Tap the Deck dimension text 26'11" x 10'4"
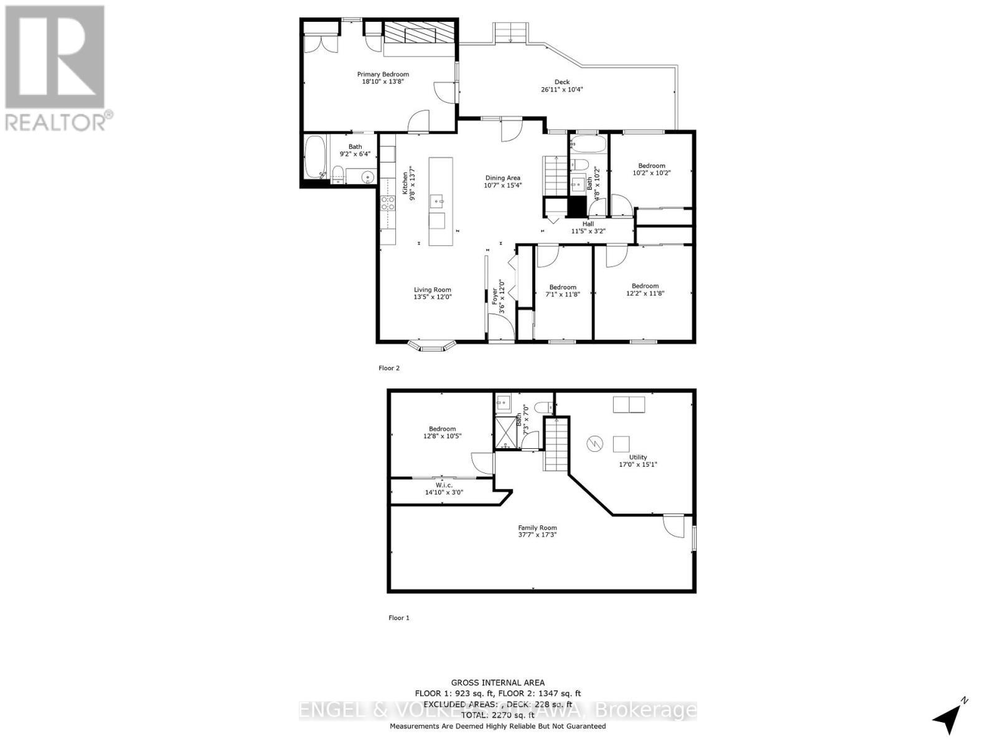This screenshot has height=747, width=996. [x=561, y=90]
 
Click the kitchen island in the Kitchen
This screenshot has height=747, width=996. [x=440, y=201]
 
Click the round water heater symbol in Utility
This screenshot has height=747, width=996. [x=594, y=444]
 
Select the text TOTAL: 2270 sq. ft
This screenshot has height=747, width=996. [x=497, y=715]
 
